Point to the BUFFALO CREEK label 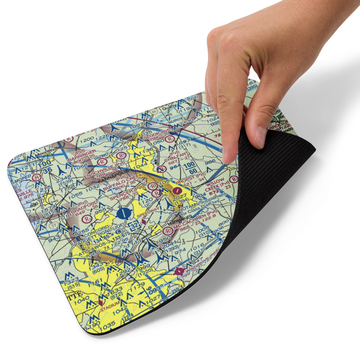click(x=122, y=183)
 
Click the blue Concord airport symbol click(x=123, y=213)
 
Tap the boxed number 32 click(x=134, y=226)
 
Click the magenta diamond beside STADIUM click(x=100, y=302)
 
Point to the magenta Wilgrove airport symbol click(x=178, y=271)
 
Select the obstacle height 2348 click(x=63, y=177)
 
